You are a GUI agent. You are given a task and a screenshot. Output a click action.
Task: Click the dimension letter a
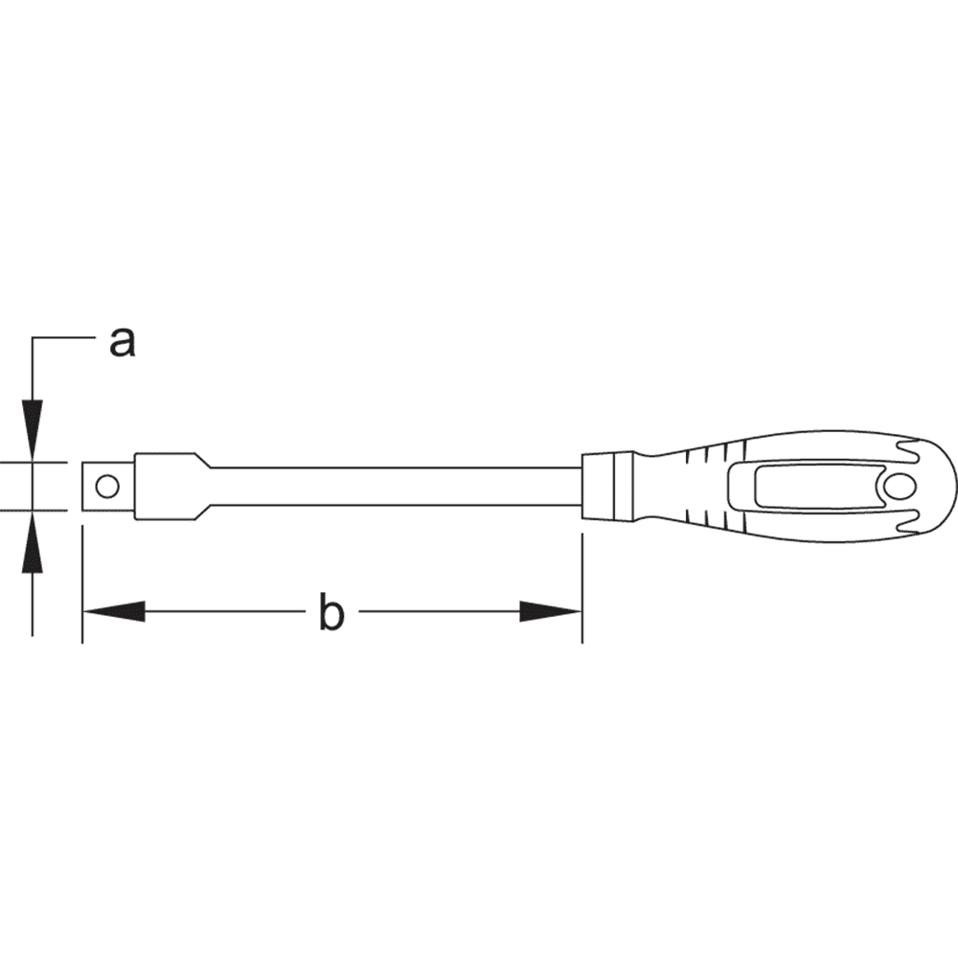pos(123,342)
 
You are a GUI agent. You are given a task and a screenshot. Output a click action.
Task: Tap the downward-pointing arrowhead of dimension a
pos(33,428)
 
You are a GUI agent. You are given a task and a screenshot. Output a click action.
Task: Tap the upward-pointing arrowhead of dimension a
pos(33,543)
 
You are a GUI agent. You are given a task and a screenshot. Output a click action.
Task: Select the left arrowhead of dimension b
pos(114,611)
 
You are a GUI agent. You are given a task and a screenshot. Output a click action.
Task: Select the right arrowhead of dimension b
pos(551,611)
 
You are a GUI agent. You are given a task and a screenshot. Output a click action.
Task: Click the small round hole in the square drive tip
pos(107,487)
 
